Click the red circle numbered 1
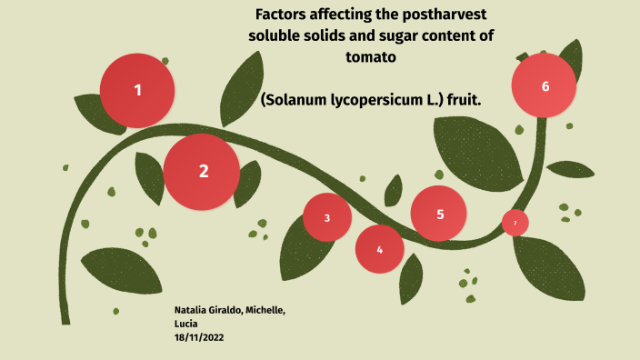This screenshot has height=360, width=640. tap(137, 90)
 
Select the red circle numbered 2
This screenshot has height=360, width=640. tap(202, 171)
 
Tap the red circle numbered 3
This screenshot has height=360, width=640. tap(327, 217)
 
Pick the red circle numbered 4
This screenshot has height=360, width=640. tap(379, 249)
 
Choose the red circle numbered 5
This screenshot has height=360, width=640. tap(439, 214)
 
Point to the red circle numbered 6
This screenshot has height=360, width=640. tap(545, 86)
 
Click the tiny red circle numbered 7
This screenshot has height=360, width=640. tap(515, 223)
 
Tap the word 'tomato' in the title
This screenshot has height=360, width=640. tap(371, 56)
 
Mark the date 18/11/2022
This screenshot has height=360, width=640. tap(199, 336)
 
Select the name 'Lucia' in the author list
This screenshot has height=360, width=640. tap(185, 324)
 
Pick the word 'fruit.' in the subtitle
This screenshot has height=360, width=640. tap(461, 98)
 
